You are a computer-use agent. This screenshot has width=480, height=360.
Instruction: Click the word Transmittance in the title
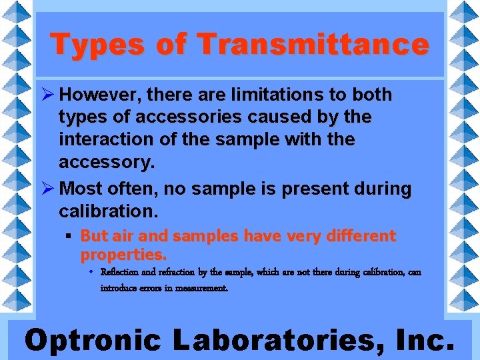313,45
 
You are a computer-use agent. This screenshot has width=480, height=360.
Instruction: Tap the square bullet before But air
69,236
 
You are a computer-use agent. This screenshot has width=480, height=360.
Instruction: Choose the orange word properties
123,254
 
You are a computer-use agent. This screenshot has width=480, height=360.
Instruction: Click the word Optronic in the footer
93,340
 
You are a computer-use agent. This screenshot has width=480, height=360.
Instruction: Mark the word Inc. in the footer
424,340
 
